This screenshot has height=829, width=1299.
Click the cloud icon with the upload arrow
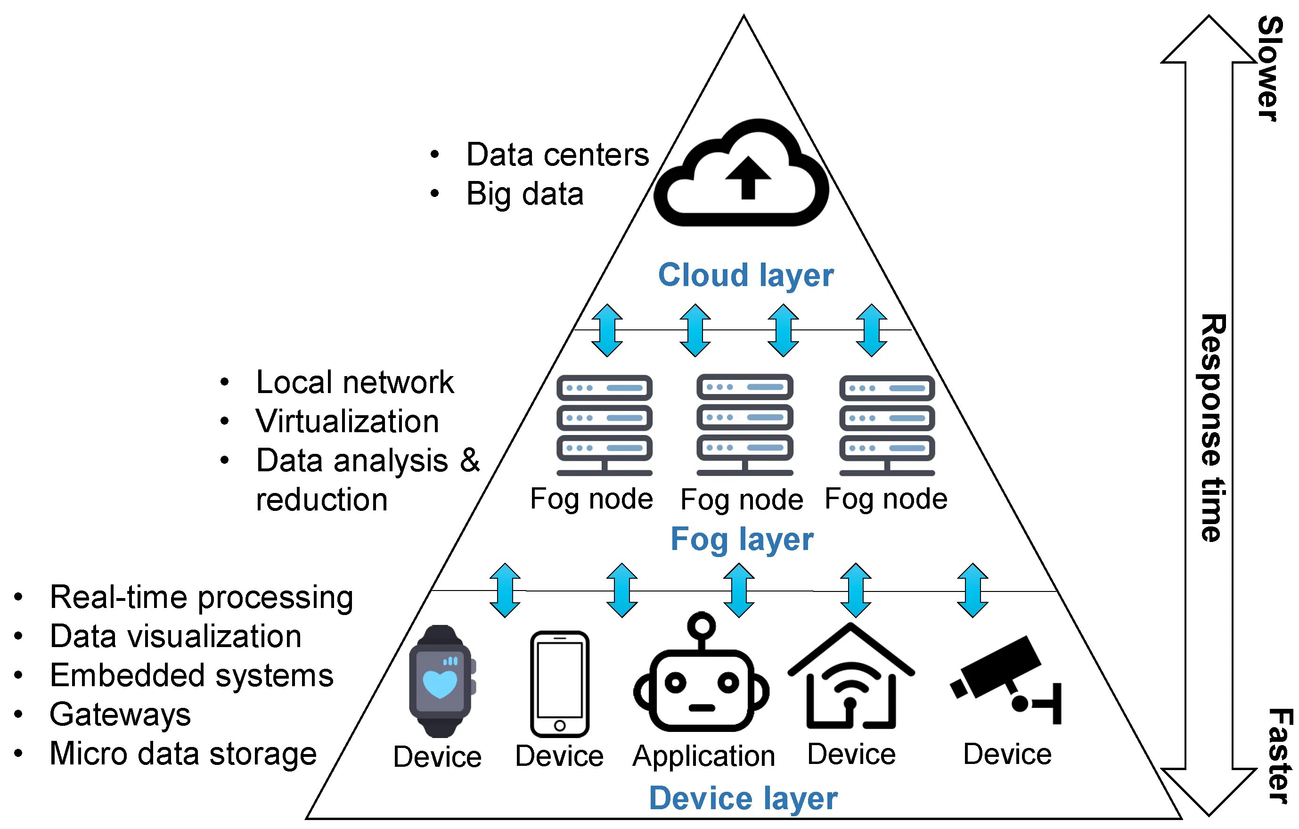click(741, 172)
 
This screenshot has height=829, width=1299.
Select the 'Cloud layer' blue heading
click(745, 275)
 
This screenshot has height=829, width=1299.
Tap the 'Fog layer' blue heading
click(742, 539)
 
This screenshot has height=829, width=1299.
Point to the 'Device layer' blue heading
click(743, 798)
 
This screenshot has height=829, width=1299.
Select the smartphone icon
click(559, 683)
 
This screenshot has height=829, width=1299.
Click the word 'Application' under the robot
click(703, 756)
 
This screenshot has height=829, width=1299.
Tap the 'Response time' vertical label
click(1213, 427)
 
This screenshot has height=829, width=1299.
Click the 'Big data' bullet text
click(524, 194)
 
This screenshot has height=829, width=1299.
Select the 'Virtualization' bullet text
click(347, 421)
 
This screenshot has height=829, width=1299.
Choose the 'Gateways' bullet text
click(120, 714)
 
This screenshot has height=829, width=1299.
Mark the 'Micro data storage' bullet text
click(183, 754)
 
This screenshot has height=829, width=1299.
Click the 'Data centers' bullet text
click(557, 155)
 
